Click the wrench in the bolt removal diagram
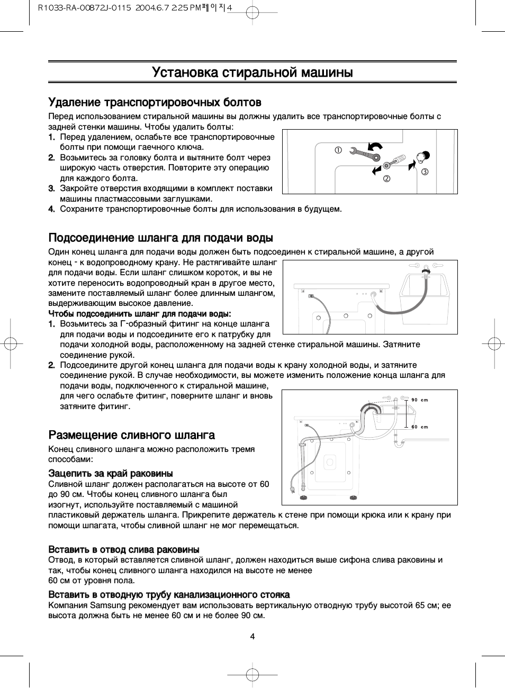(x=365, y=155)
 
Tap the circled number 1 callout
(x=338, y=150)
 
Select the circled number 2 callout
(x=386, y=178)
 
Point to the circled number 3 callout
(x=425, y=171)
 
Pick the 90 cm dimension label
(x=420, y=400)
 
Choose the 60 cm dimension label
(x=420, y=427)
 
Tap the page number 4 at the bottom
(x=252, y=636)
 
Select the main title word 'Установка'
(x=185, y=73)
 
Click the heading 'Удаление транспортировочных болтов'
(x=155, y=102)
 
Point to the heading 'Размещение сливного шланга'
(x=131, y=435)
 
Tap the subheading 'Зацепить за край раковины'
(x=111, y=473)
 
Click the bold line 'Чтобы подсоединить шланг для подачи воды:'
(x=140, y=314)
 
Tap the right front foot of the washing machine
(x=351, y=497)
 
